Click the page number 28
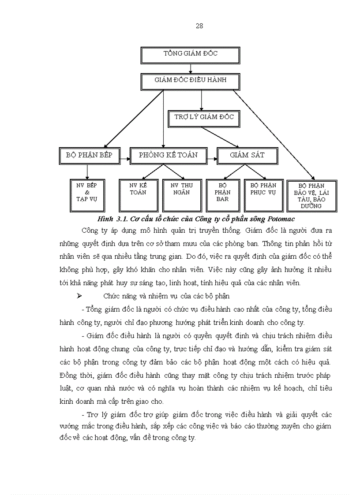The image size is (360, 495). tap(199, 26)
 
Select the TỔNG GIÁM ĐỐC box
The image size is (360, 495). tap(191, 54)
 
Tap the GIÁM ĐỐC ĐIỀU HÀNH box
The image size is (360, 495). tap(191, 81)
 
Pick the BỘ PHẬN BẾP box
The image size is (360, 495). tap(89, 155)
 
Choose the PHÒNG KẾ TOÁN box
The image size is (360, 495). tap(168, 155)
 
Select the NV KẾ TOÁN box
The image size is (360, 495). tap(138, 193)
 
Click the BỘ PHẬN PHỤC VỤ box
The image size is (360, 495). tap(263, 193)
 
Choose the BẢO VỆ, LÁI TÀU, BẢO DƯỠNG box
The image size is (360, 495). tap(311, 196)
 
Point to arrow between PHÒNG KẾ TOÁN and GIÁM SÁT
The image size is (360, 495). tap(212, 156)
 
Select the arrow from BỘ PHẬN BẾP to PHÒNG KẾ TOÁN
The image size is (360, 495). tap(125, 156)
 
